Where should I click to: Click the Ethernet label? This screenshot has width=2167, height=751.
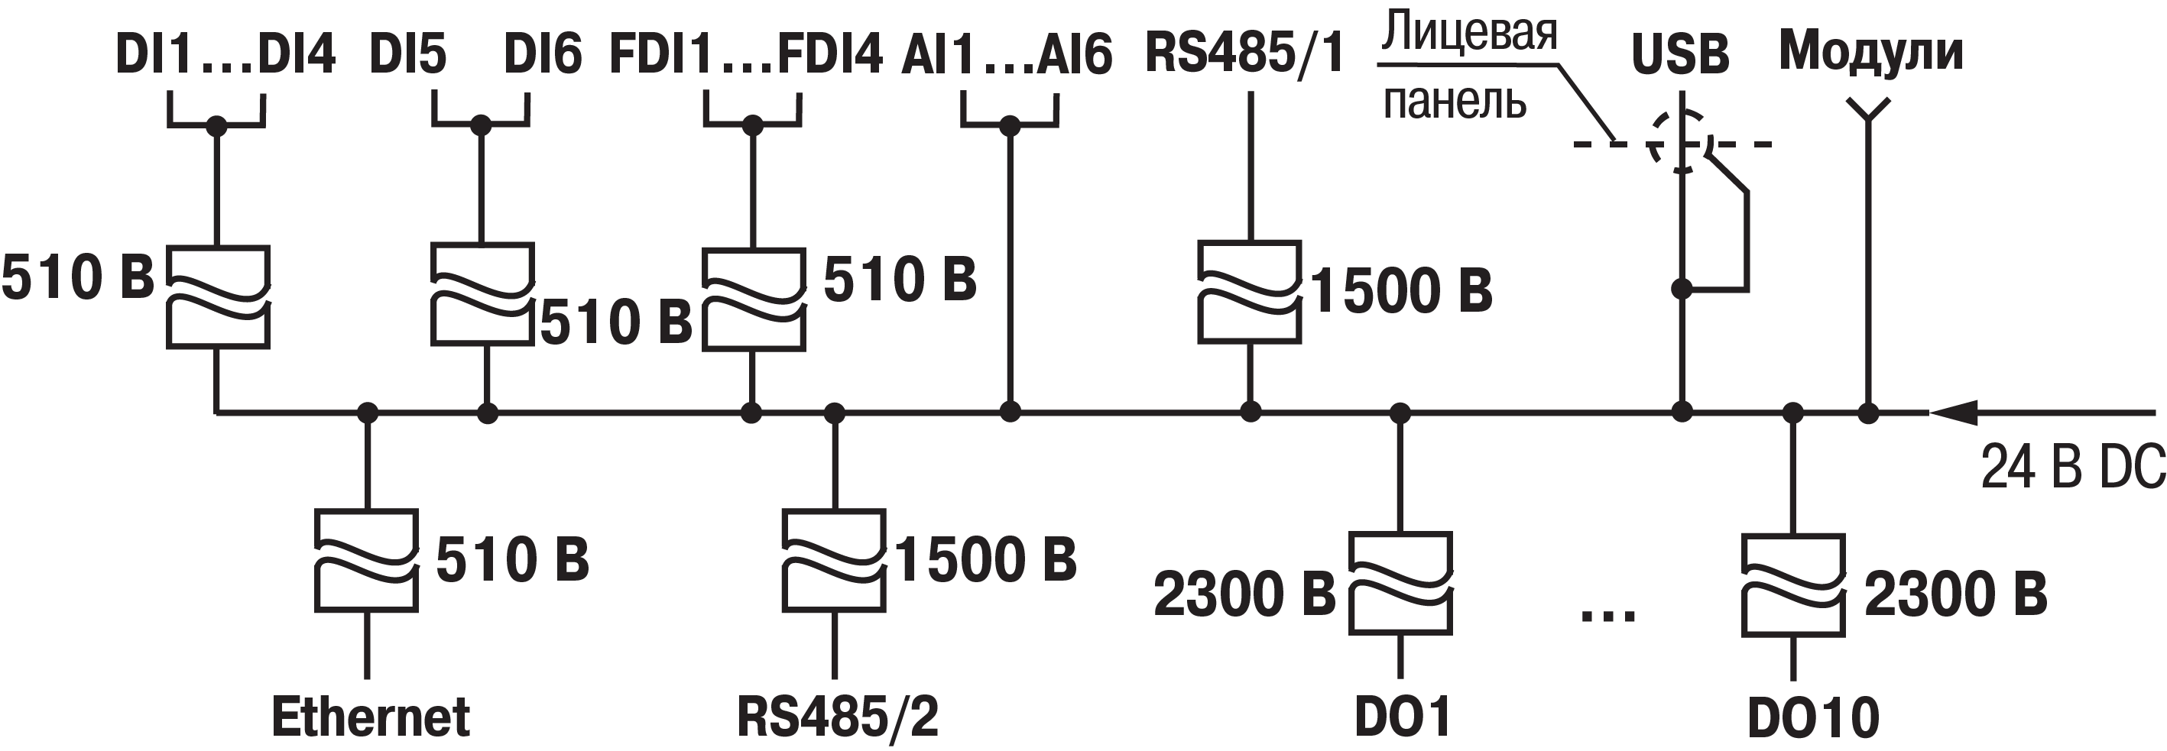pos(370,717)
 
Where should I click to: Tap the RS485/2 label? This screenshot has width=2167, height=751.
pos(837,717)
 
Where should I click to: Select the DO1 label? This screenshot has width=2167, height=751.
pos(1403,717)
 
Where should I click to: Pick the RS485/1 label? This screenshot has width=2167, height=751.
pos(1244,53)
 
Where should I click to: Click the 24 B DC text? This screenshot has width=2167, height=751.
pos(2073,468)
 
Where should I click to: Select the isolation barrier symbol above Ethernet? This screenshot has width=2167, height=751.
pos(367,560)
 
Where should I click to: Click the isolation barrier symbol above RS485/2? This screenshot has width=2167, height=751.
pos(834,560)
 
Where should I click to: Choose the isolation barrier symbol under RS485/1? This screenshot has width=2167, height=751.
pos(1250,292)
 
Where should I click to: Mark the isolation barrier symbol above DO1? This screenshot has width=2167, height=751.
pos(1400,583)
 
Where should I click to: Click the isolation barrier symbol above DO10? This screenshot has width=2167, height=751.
pos(1793,584)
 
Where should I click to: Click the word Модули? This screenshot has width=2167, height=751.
pos(1871,51)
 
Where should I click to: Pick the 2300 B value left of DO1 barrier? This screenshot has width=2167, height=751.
pos(1244,594)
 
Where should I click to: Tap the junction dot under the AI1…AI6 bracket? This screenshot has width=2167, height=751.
pos(1010,126)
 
